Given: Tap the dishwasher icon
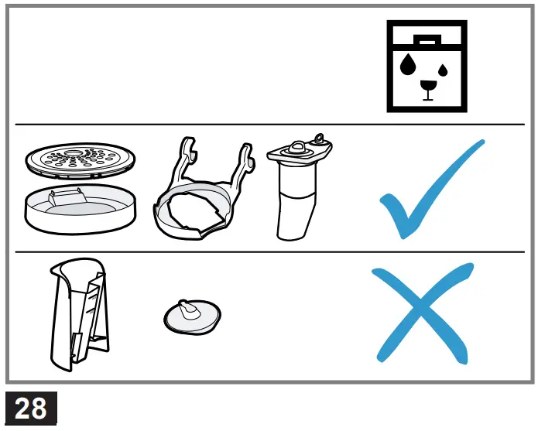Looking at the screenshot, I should click(x=427, y=66).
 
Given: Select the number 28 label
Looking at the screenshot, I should click(x=30, y=408).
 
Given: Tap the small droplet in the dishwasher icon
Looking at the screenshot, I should click(x=443, y=71).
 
